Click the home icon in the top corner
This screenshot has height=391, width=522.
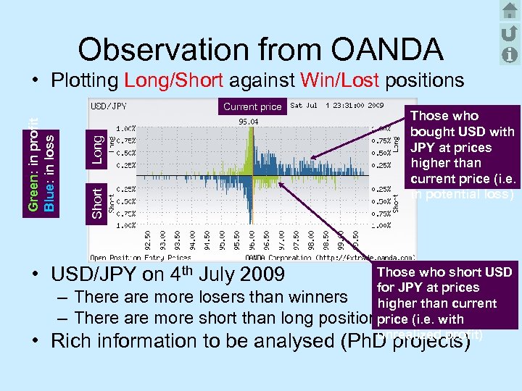(509, 10)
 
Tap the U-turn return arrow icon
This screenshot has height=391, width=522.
(509, 33)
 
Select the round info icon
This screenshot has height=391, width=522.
(509, 54)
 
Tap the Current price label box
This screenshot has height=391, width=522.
(252, 106)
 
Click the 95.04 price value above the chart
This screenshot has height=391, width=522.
(249, 122)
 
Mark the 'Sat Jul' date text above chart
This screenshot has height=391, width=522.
(304, 106)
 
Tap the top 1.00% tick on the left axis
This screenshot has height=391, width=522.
(126, 128)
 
